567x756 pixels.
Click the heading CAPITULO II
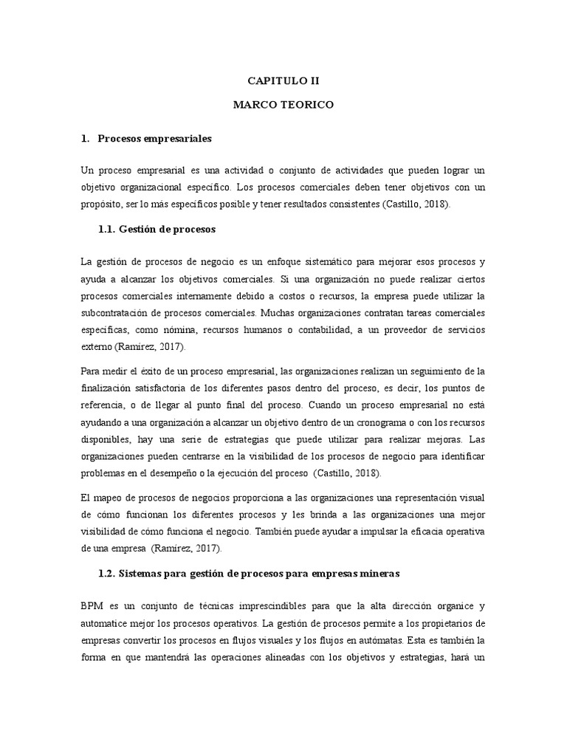[x=283, y=81]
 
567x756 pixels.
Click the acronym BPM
[x=93, y=605]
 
